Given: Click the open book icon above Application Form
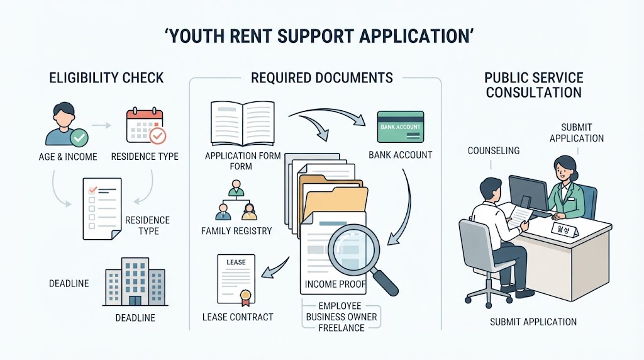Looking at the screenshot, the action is point(242,123).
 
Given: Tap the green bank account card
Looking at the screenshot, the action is point(401,127).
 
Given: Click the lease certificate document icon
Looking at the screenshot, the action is point(236,280).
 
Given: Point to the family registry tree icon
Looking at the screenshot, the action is point(236,200).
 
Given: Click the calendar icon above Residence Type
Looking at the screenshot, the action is point(146,126).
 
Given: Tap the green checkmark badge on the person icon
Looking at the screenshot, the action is point(79,138).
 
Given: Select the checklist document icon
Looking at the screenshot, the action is point(102,209).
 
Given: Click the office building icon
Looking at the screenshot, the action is point(135,282).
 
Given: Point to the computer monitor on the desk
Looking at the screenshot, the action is point(528,193).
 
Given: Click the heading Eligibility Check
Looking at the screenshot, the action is point(106,77).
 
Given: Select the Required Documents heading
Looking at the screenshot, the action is point(321,77).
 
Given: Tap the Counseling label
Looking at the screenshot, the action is point(493,151).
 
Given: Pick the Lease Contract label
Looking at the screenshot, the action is point(237,317).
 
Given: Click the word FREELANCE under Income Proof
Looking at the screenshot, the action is point(341,328).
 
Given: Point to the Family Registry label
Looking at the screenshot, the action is point(236,231).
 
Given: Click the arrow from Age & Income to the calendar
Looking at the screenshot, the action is point(101,125).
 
